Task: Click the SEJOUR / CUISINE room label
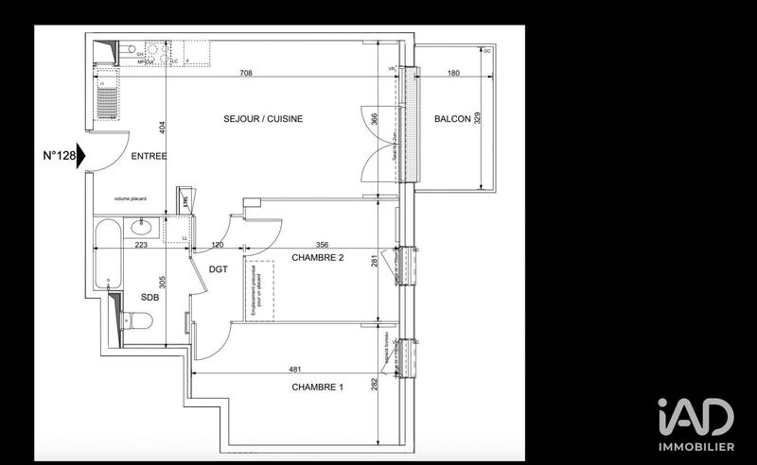click(x=262, y=118)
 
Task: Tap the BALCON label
click(x=452, y=118)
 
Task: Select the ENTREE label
click(x=149, y=156)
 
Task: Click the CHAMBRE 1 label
click(x=319, y=387)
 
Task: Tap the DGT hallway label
click(x=219, y=268)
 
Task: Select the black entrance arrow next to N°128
click(x=82, y=154)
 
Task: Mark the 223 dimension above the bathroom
click(x=140, y=246)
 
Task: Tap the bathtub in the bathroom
click(x=107, y=255)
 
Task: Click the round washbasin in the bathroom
click(x=142, y=228)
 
